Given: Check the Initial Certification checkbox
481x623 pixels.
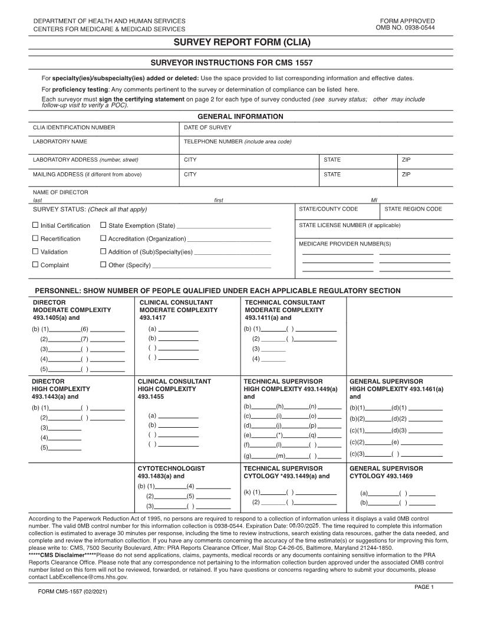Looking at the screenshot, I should (x=35, y=225).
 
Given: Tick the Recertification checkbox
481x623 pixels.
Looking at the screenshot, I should (x=35, y=238).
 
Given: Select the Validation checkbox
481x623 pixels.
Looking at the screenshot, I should (x=35, y=252).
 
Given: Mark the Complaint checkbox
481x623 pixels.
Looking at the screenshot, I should (x=35, y=265).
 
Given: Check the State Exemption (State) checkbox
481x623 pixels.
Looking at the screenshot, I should (x=103, y=225).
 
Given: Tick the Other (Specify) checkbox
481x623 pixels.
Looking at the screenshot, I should (x=103, y=265).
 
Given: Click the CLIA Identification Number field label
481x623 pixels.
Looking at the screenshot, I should (x=74, y=127).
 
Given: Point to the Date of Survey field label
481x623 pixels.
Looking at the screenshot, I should (x=207, y=127).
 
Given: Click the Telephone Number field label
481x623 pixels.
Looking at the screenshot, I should (x=238, y=142).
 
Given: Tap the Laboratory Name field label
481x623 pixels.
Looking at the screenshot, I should (x=60, y=142).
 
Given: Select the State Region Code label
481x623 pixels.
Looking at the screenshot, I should (x=413, y=209).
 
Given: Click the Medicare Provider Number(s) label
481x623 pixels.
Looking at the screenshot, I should (x=344, y=244).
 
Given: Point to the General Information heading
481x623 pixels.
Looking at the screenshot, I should (x=240, y=117).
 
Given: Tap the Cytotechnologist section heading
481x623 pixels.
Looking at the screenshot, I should (x=171, y=468).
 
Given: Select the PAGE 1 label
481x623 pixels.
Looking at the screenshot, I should (x=424, y=586).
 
